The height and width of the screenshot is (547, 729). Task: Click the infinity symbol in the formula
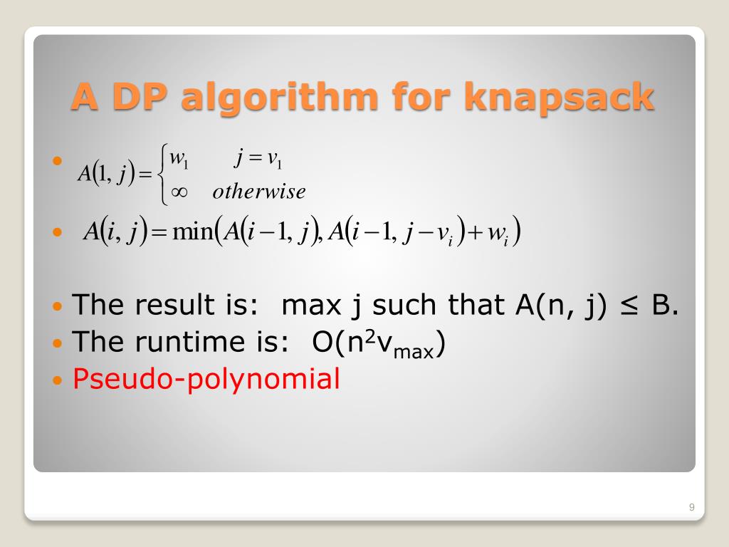click(x=179, y=192)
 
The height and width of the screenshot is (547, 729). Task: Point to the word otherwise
click(x=259, y=192)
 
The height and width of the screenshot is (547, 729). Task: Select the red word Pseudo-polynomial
click(x=206, y=379)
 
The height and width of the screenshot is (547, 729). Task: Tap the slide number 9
click(x=691, y=507)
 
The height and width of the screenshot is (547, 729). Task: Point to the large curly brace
click(x=164, y=174)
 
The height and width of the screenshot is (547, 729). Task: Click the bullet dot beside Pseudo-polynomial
click(x=58, y=380)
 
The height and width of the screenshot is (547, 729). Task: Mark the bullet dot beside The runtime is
click(x=58, y=343)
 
